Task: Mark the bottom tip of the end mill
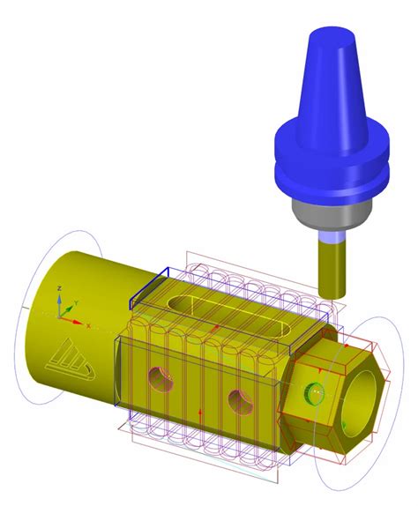[332, 293]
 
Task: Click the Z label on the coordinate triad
[57, 288]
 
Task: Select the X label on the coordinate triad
[88, 324]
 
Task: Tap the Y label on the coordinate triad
[77, 302]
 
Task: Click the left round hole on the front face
[160, 380]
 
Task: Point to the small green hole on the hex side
[310, 393]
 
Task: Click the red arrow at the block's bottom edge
[201, 413]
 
